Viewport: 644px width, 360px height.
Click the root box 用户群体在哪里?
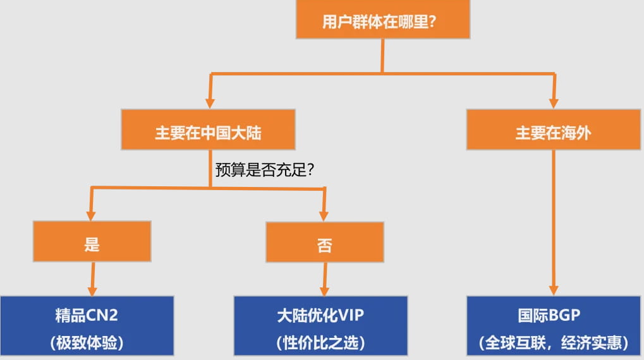(382, 21)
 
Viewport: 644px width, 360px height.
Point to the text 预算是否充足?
(265, 170)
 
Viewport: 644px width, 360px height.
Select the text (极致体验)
(87, 342)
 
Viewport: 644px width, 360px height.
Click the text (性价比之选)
(321, 342)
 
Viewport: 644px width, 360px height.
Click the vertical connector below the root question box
(382, 56)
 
